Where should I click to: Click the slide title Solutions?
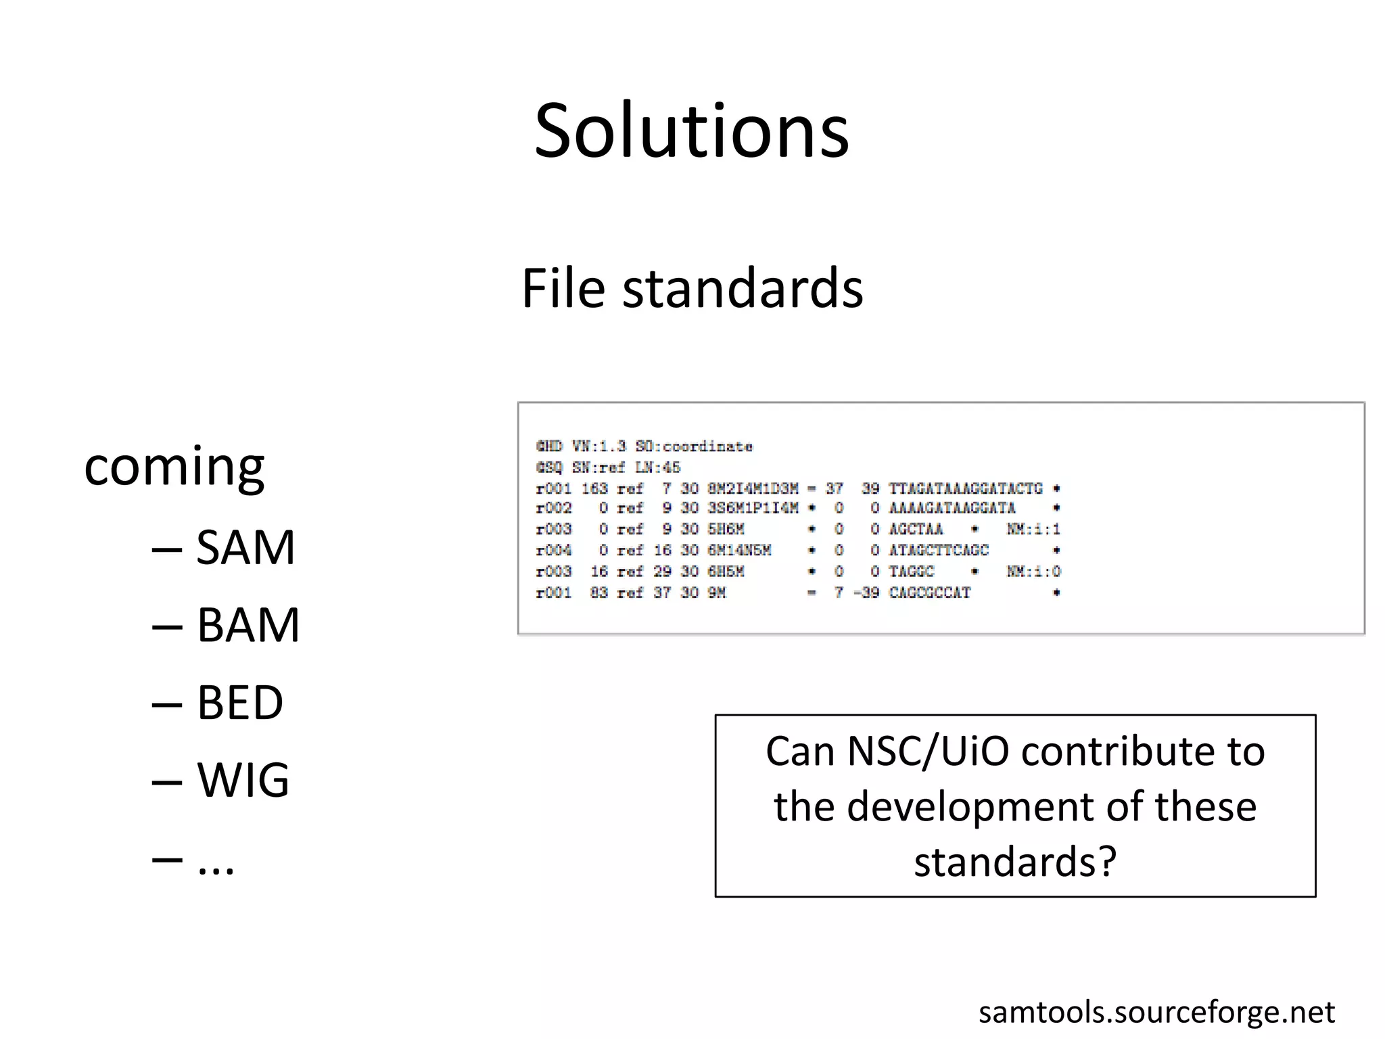[x=691, y=131]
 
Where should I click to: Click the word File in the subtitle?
[x=563, y=289]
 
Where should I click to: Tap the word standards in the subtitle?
[x=743, y=289]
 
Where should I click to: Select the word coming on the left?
[x=174, y=467]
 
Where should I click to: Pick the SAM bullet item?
[x=245, y=547]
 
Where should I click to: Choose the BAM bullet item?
[x=248, y=625]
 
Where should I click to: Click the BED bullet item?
[x=239, y=703]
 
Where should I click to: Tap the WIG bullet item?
[x=243, y=780]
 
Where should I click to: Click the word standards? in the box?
[x=1015, y=862]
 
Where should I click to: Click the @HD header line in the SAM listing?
[x=644, y=446]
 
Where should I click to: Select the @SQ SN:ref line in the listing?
[x=608, y=467]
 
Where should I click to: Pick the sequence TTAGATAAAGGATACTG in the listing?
[x=965, y=488]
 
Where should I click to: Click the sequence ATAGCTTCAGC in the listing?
[x=939, y=551]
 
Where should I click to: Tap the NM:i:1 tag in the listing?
[x=1033, y=529]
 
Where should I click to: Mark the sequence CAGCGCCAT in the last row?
[x=929, y=593]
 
